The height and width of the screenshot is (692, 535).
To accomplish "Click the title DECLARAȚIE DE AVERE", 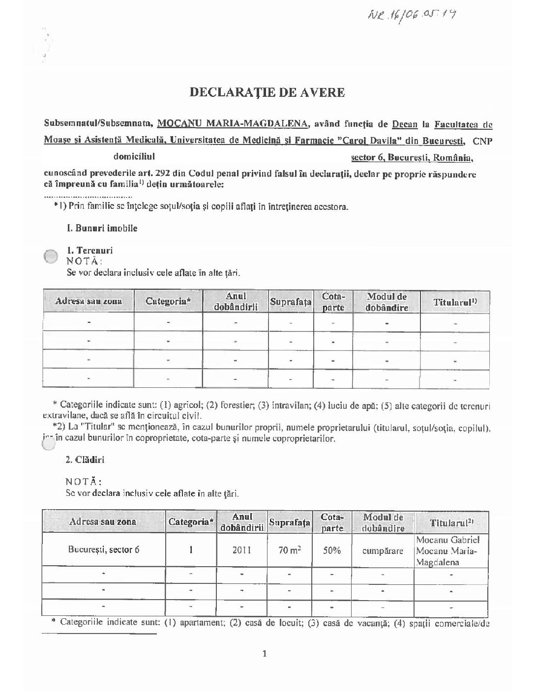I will click(267, 92).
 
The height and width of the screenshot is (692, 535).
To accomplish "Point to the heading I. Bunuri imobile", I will click(102, 228).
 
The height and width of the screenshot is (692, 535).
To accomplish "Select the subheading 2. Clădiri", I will click(85, 460).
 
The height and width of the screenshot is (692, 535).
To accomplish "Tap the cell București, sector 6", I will click(104, 549).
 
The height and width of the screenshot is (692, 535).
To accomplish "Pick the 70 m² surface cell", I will click(290, 550).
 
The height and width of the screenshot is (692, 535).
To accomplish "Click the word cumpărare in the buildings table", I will click(383, 550).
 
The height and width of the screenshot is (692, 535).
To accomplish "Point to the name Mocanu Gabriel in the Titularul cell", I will click(445, 540).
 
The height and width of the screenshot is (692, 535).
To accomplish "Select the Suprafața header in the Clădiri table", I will click(290, 523).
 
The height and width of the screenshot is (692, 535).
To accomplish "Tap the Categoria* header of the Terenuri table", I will click(168, 301).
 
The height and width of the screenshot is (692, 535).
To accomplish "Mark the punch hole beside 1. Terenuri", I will click(51, 257).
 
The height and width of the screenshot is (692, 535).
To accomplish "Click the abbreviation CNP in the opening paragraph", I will click(483, 141).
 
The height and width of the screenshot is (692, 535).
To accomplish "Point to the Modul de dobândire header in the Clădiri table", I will click(383, 522).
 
